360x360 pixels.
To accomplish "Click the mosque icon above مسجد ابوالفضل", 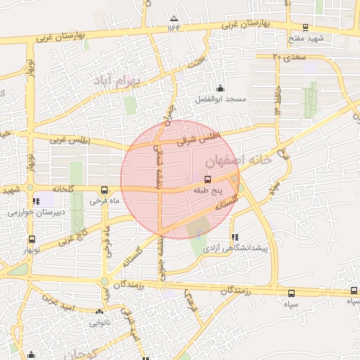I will click(221, 89).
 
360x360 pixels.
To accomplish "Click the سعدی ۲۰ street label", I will click(285, 56).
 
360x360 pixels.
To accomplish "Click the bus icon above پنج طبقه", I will click(206, 179).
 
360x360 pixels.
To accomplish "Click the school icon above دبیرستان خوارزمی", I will click(35, 201).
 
